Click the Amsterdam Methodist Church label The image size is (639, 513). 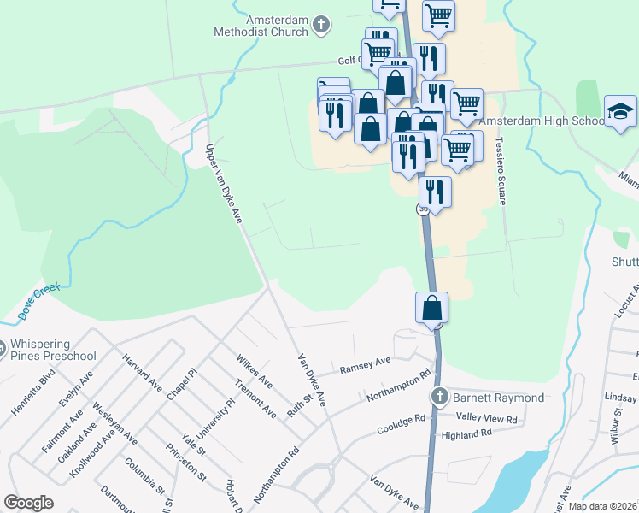tap(266, 26)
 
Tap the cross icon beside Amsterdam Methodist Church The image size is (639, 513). tap(321, 25)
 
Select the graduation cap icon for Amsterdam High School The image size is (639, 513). tap(620, 112)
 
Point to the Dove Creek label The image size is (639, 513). tap(40, 300)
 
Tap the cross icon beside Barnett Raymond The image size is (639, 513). tap(439, 397)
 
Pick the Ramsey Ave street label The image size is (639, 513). tap(365, 366)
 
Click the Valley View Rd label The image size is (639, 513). tap(487, 419)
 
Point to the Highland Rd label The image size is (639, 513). tap(467, 433)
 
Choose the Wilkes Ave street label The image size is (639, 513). tap(254, 369)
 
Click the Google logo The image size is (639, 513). tap(29, 503)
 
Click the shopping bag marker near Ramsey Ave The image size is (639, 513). tap(433, 308)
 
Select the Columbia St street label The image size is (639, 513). tap(143, 476)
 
